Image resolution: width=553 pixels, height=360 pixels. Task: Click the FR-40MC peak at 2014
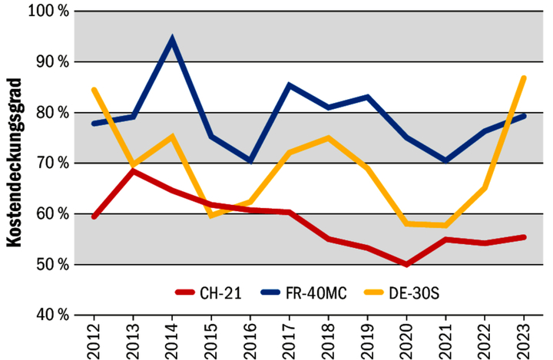tap(172, 39)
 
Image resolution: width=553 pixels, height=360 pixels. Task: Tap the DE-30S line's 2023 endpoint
tap(524, 78)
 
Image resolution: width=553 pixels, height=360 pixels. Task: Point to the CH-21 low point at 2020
tap(406, 264)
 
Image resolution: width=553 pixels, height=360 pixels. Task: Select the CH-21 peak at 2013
tap(133, 170)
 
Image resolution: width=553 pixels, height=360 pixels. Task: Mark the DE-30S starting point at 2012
tap(94, 90)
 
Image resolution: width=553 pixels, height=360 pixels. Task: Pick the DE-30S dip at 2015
tap(211, 216)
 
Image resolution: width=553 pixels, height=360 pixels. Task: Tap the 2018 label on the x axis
tap(329, 339)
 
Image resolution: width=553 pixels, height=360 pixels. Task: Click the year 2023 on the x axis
tap(524, 339)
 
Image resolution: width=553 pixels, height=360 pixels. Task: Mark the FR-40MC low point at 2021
tap(445, 160)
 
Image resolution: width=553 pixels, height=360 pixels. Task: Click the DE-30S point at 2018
tap(328, 138)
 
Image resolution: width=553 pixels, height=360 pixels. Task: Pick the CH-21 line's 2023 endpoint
tap(524, 237)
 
